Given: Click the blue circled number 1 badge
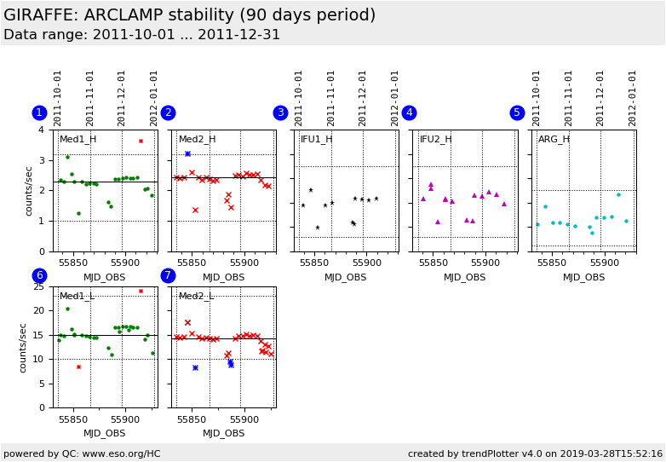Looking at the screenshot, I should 39,113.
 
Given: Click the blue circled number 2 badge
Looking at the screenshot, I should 168,113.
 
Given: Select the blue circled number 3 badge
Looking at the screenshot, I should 280,113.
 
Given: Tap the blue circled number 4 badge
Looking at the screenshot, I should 409,113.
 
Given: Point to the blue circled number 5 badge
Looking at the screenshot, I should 517,113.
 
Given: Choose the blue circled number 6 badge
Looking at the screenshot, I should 39,275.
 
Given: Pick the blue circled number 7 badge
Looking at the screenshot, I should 168,275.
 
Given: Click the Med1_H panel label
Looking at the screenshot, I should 78,139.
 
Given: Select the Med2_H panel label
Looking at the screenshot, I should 197,139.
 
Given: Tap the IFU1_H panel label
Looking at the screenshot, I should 316,139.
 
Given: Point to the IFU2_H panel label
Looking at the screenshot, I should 435,139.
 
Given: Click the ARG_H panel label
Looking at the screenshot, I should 554,139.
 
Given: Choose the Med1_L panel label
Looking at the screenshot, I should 78,296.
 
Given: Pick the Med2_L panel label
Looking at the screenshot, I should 197,296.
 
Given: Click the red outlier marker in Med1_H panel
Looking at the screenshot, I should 141,141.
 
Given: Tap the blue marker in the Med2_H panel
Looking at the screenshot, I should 187,153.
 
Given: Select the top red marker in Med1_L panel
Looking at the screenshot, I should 141,291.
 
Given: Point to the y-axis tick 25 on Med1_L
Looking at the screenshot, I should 37,286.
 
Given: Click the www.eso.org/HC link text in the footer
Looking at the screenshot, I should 120,453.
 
